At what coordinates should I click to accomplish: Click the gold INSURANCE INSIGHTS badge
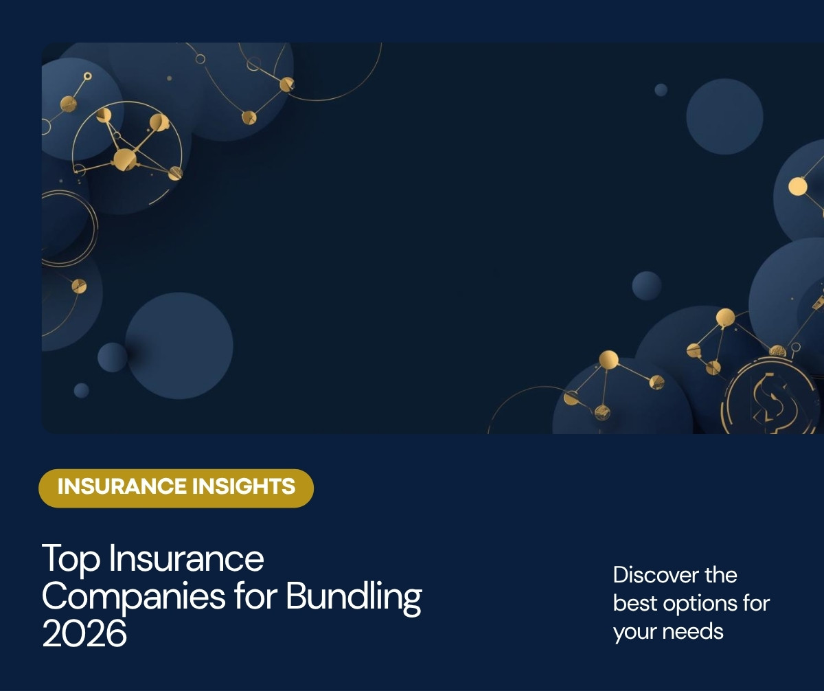tap(176, 488)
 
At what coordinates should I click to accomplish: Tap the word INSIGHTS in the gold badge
tap(244, 486)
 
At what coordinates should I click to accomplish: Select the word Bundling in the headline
tap(354, 597)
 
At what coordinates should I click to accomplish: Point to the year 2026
tap(84, 633)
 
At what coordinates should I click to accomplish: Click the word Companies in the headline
tap(134, 597)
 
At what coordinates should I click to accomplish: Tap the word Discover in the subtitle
tap(656, 575)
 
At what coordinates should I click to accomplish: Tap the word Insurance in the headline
tap(186, 558)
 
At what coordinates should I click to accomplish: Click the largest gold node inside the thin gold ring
tap(125, 159)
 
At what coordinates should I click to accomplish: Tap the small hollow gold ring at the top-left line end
tap(88, 76)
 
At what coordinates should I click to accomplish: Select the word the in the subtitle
tap(721, 575)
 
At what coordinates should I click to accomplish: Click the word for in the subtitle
tap(756, 603)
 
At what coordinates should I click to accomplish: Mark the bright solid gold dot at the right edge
tap(797, 186)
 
